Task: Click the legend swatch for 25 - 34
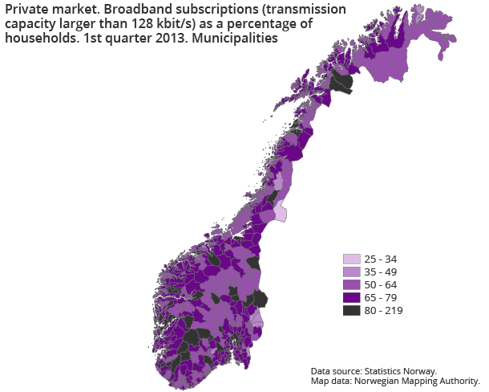click(x=351, y=259)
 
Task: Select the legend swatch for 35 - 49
click(x=351, y=272)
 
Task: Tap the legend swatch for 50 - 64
click(x=351, y=285)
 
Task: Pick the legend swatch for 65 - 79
click(x=351, y=298)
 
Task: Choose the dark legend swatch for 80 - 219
click(x=351, y=311)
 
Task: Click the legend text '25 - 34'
click(x=382, y=259)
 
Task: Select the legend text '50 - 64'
click(x=382, y=285)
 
